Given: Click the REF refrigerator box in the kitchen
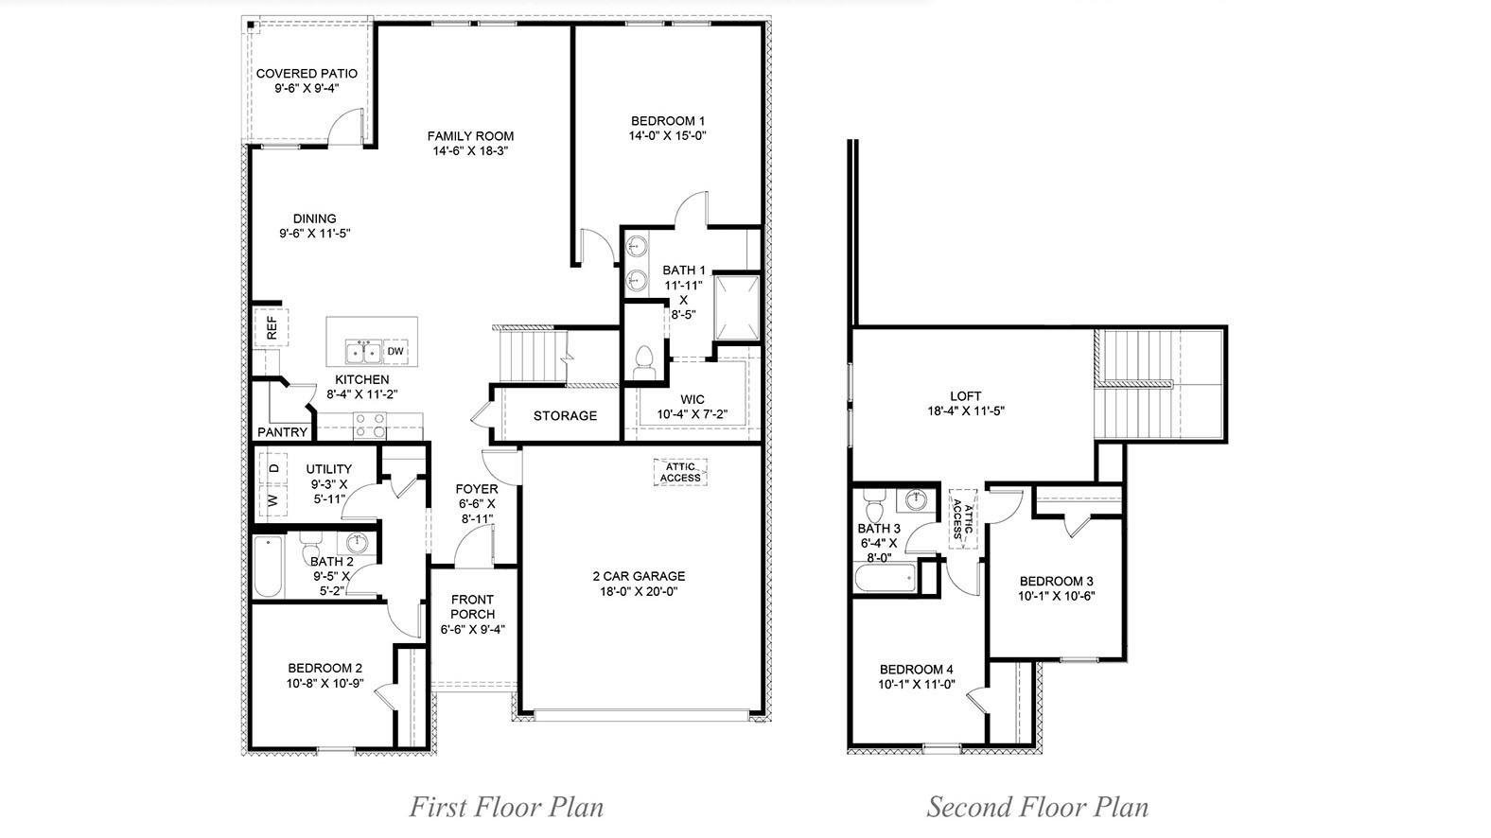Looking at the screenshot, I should click(x=272, y=327).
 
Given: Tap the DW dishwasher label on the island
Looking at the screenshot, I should click(x=395, y=352).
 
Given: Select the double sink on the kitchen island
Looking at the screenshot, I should click(x=363, y=352).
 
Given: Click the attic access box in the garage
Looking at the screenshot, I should click(x=680, y=472).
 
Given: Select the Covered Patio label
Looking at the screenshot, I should click(x=307, y=73).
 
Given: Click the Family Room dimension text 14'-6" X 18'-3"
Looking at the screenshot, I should click(x=470, y=150).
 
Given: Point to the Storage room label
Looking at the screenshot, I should click(x=565, y=415).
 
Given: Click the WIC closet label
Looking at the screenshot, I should click(x=692, y=399).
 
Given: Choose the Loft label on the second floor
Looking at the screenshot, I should click(x=966, y=396).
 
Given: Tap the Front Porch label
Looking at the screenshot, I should click(x=472, y=606).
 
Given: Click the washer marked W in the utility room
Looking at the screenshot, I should click(x=272, y=499).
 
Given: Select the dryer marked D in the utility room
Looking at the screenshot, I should click(x=273, y=467).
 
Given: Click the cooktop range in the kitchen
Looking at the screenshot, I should click(x=370, y=426).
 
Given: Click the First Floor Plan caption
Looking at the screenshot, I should click(x=506, y=807).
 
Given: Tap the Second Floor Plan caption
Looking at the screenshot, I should click(x=1037, y=807).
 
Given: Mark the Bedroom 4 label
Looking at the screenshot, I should click(x=916, y=669).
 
